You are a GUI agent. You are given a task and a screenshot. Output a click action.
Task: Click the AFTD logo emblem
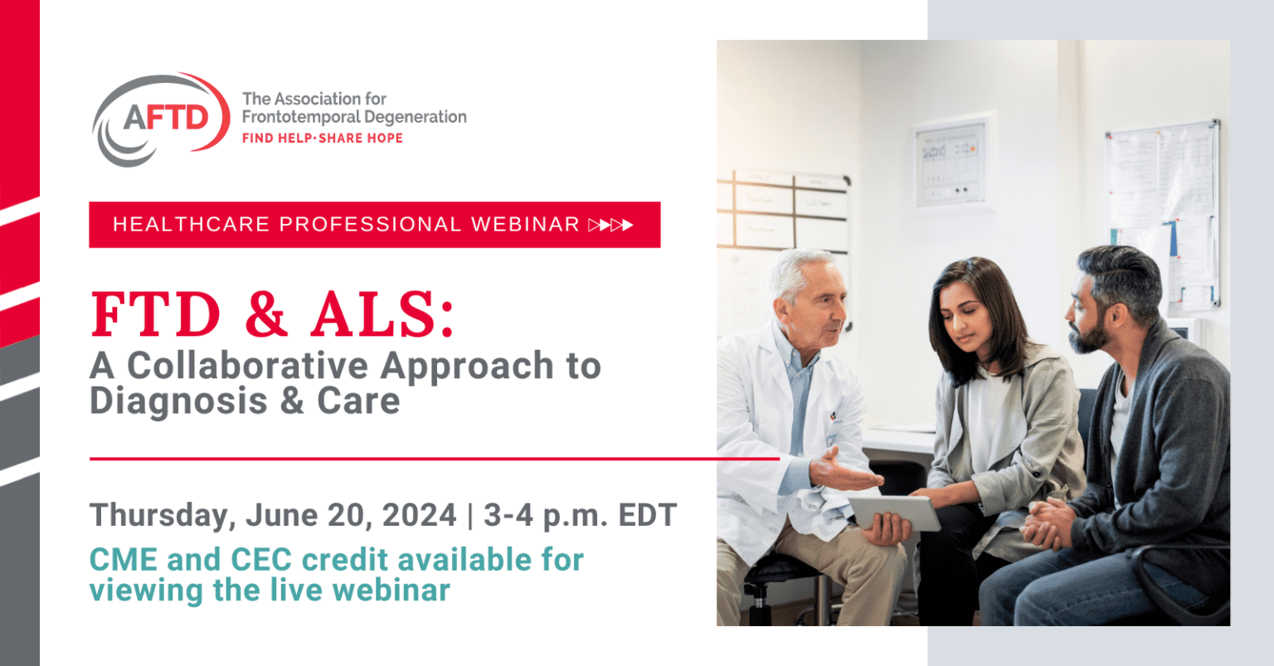162,119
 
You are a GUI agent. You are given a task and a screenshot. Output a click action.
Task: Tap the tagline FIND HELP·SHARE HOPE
322,138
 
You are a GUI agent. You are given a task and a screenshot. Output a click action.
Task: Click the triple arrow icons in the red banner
611,224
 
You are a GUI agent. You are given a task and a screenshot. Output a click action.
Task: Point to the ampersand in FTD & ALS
266,314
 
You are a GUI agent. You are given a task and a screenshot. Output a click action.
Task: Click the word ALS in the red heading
382,314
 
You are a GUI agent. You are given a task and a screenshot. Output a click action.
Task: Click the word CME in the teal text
123,560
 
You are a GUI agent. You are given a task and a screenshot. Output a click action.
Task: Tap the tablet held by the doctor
895,511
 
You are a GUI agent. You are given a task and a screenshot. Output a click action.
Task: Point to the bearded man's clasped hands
1047,523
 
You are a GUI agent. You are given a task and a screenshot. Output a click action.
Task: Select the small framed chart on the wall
950,163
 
